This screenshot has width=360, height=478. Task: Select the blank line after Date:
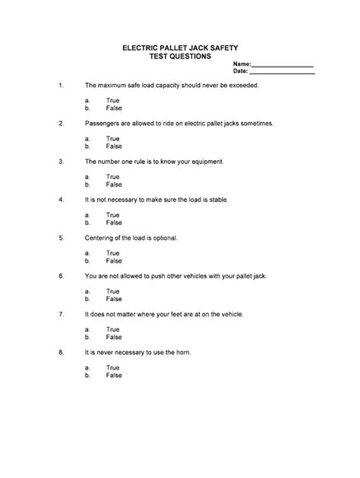[282, 73]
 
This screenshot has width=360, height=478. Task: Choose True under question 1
[112, 101]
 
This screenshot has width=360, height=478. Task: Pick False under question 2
[113, 146]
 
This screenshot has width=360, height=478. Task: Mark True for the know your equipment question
[112, 177]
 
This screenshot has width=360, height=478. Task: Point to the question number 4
[60, 200]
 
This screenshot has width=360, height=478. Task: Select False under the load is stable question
[113, 223]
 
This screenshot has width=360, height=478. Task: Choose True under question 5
[112, 253]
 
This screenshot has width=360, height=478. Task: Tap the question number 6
[60, 276]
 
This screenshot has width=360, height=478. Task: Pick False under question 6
[113, 300]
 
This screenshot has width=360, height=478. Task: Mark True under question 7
[112, 329]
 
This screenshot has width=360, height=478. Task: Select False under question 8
[113, 376]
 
